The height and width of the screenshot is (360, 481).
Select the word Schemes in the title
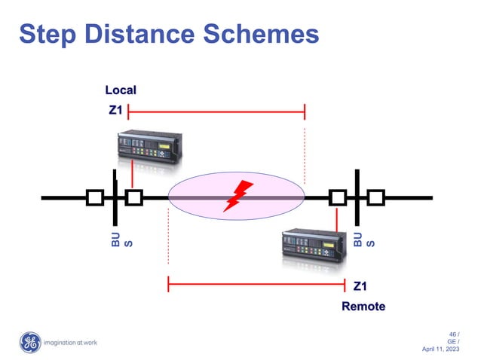click(x=265, y=33)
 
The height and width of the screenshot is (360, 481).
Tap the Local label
click(x=121, y=90)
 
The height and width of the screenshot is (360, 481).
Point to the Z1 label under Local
click(x=115, y=111)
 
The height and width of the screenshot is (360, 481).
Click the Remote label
click(x=363, y=307)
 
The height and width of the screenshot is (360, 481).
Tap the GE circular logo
click(x=29, y=343)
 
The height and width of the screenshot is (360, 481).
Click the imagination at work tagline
click(x=70, y=343)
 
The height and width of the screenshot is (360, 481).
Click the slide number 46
click(x=453, y=334)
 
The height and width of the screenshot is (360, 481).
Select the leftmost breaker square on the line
click(x=95, y=198)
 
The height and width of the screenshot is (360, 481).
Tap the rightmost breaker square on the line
click(x=375, y=198)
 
